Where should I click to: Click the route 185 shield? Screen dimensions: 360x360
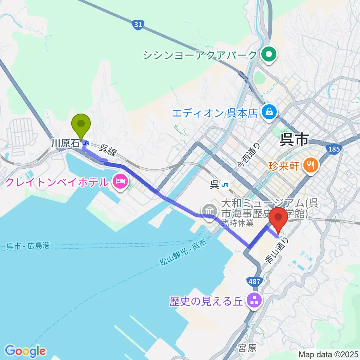coord(333,149)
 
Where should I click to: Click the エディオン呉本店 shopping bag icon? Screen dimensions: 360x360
coord(269,111)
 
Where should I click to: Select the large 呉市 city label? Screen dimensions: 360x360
coord(294,140)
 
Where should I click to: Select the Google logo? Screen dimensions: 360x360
coord(25,351)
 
